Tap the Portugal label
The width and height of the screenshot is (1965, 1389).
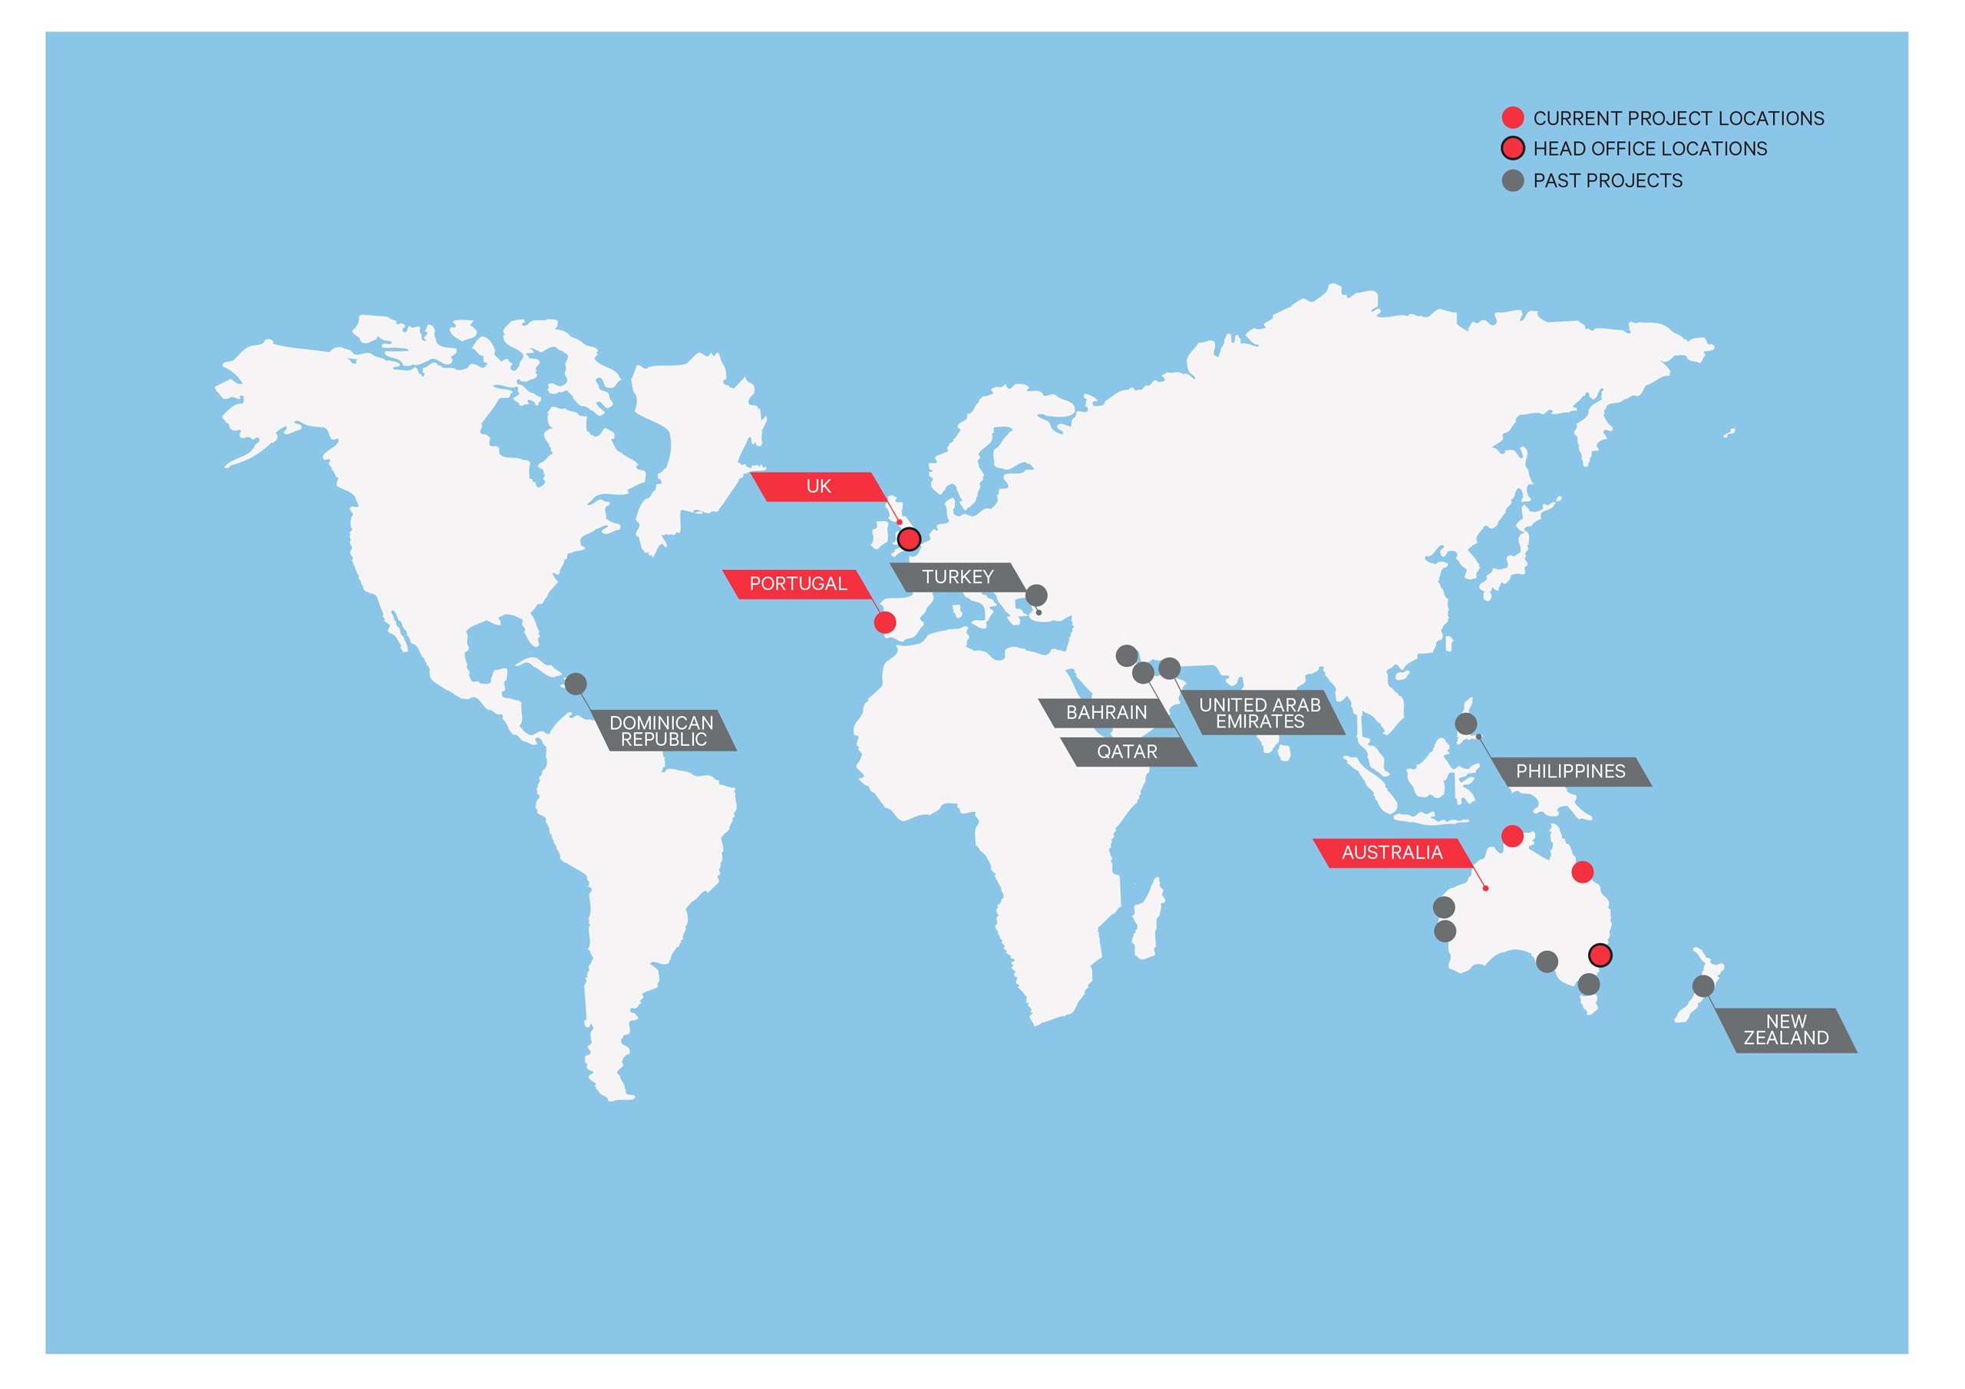(798, 585)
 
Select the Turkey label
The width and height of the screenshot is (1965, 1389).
(957, 578)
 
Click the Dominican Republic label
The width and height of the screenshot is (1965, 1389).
(662, 731)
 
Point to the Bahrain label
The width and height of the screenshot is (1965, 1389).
(1106, 713)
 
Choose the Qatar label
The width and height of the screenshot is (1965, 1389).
(1126, 752)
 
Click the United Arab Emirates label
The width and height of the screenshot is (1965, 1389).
(1260, 713)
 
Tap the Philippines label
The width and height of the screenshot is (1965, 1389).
(1570, 772)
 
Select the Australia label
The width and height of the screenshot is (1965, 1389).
(1392, 853)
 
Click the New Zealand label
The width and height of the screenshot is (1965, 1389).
(1785, 1031)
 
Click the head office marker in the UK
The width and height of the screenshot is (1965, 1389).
(909, 539)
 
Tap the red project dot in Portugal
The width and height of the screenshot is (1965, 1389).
(885, 623)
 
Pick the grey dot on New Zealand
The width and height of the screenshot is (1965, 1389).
(1703, 987)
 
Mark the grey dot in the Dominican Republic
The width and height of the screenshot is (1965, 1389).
(576, 685)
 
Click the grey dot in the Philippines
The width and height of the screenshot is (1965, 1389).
(1466, 724)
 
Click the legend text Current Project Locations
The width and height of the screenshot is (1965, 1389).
(1677, 119)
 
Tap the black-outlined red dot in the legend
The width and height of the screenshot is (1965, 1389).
(1512, 149)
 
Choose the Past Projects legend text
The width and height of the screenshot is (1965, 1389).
(1607, 181)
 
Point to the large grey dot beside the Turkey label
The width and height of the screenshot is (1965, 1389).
(1035, 596)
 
